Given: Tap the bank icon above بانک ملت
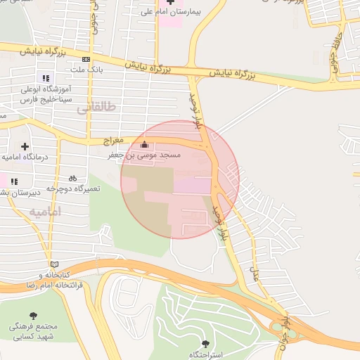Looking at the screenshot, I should coord(86,60).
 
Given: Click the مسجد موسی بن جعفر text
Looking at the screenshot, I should coord(145,154).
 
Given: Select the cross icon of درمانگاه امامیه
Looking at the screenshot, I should coord(25,146).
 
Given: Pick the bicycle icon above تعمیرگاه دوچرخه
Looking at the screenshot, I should coord(72,179).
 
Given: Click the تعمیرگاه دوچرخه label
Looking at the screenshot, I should coord(74,188).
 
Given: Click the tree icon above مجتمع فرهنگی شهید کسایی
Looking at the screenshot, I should coord(33,316).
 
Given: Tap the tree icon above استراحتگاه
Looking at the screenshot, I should coord(205,344).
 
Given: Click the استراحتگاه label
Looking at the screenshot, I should coord(205,354).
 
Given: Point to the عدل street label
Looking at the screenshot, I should coord(255,266).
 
